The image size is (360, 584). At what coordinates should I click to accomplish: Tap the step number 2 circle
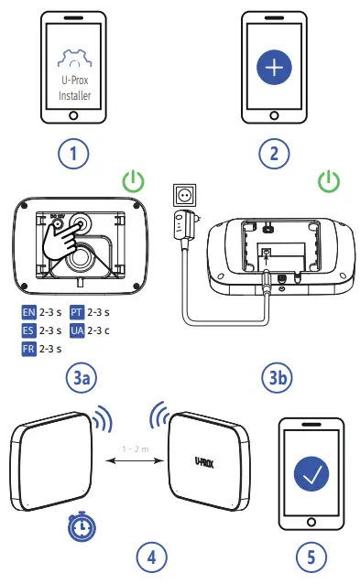click(272, 153)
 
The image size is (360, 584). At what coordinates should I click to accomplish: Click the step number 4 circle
click(153, 557)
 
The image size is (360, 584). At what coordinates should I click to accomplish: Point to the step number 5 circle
click(311, 557)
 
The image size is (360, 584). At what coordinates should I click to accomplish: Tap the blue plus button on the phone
click(272, 70)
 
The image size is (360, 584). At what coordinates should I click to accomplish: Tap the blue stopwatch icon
click(80, 525)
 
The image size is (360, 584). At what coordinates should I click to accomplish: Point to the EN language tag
click(27, 312)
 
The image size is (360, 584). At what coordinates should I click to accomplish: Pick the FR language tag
click(27, 348)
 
